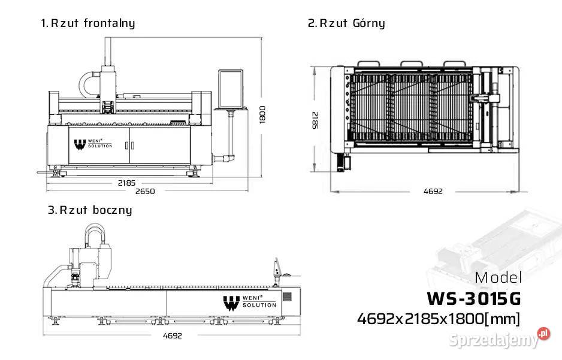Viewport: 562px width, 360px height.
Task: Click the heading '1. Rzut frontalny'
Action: click(87, 23)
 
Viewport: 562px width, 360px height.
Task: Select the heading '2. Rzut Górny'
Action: click(346, 23)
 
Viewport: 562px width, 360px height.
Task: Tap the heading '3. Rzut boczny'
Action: click(90, 210)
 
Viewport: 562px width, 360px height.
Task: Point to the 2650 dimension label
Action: click(144, 192)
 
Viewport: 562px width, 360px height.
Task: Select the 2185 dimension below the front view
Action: click(126, 181)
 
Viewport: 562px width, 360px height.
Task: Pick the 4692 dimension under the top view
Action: click(433, 192)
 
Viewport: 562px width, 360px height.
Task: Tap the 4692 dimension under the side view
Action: click(172, 335)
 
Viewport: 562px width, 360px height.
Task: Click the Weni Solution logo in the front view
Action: click(92, 144)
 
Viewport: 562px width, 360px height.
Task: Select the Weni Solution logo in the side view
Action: click(249, 302)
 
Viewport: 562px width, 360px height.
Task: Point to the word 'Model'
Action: click(498, 278)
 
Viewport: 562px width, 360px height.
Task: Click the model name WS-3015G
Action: click(473, 298)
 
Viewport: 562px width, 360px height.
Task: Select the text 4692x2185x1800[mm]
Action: click(439, 318)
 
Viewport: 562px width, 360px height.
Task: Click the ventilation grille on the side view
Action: click(286, 297)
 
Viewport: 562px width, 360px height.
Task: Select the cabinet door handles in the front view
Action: click(129, 145)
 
